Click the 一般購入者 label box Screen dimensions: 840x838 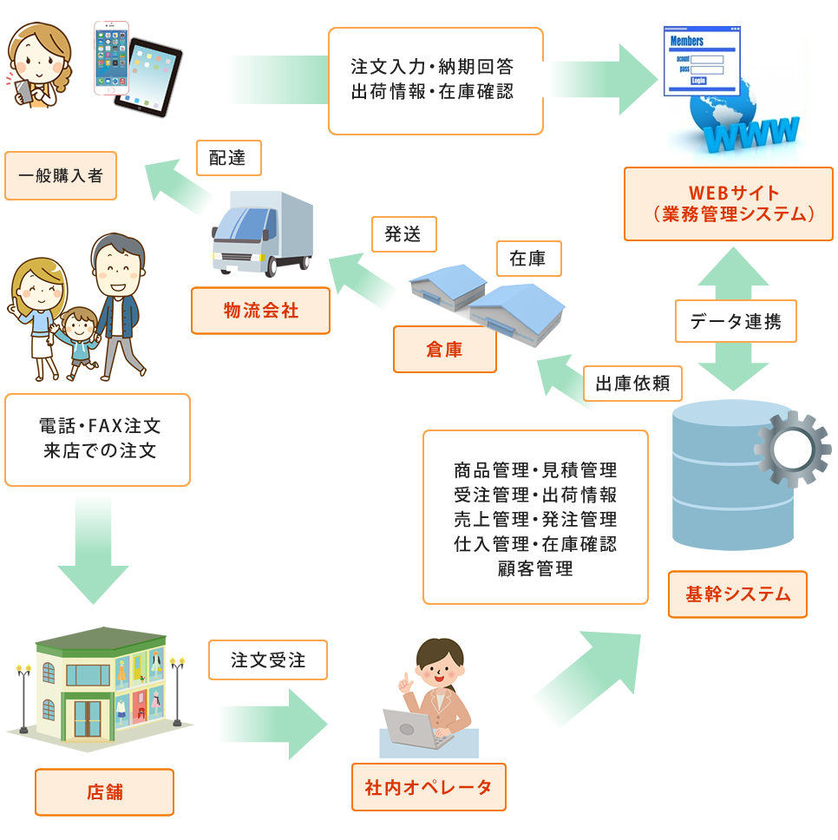(x=61, y=176)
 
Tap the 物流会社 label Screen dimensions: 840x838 (x=260, y=311)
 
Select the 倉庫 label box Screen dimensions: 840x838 (x=444, y=350)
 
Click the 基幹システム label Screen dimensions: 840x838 (x=737, y=594)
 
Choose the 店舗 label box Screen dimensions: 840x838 (x=104, y=791)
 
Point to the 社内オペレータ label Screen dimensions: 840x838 (x=429, y=787)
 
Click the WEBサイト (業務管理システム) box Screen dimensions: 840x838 (x=728, y=204)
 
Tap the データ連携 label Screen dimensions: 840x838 (x=736, y=322)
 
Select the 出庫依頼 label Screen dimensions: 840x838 (x=632, y=384)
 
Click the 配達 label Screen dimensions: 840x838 (x=228, y=159)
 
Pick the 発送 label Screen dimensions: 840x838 (x=403, y=234)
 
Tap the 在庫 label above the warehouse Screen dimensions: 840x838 (x=528, y=259)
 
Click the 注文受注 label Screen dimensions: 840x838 (x=268, y=660)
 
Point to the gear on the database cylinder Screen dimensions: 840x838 (x=791, y=449)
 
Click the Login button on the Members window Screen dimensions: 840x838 (x=698, y=81)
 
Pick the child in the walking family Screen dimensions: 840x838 (x=77, y=340)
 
